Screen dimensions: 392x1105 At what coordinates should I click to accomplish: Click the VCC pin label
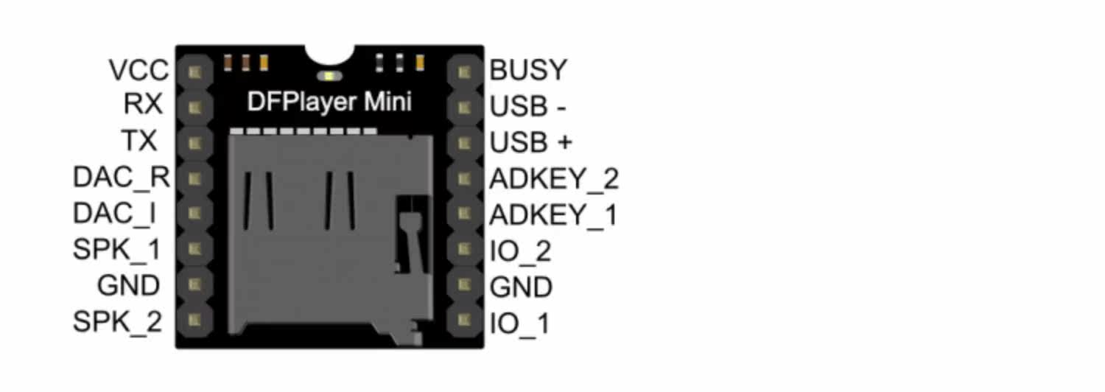(138, 71)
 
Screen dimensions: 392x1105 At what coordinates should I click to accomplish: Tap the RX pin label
(143, 105)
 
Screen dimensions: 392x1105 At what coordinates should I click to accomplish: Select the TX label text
(141, 141)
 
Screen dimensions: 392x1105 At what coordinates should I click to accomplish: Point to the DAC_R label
(122, 178)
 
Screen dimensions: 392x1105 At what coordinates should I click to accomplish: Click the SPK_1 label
(117, 249)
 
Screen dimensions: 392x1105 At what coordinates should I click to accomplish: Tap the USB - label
(528, 107)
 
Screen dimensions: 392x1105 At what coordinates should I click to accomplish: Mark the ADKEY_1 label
(553, 214)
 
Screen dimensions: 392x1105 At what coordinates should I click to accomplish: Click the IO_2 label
(520, 251)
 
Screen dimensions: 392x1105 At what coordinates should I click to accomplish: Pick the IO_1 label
(519, 323)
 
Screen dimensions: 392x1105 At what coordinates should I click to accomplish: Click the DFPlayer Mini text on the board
(329, 102)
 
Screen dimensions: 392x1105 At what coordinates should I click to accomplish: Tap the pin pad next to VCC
(194, 72)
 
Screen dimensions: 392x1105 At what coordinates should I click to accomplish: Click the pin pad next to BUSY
(463, 72)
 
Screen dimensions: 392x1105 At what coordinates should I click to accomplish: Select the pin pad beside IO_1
(463, 321)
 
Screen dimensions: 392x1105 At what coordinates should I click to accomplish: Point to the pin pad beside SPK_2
(194, 321)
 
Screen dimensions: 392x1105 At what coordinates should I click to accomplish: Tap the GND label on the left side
(129, 285)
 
